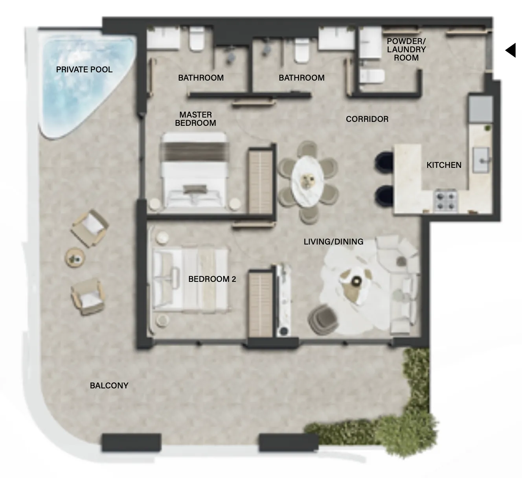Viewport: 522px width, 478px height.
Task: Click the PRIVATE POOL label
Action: tap(84, 70)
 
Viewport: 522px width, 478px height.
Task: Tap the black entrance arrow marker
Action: tap(511, 50)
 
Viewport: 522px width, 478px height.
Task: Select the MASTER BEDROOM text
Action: tap(195, 119)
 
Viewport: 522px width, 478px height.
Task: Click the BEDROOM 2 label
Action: tap(212, 279)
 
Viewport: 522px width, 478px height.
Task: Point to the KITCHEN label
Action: tap(444, 165)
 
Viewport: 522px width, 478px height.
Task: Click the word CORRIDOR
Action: tap(367, 119)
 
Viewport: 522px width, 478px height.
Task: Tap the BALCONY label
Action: tap(109, 386)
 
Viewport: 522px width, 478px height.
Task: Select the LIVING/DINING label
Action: tap(334, 242)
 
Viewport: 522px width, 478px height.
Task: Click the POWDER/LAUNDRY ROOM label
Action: tap(406, 49)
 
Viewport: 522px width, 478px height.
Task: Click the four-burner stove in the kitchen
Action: tap(445, 200)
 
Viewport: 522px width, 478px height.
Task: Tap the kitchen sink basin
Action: tap(481, 160)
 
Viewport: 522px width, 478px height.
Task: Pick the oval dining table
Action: tap(308, 181)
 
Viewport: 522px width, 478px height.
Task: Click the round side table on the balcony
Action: tap(75, 258)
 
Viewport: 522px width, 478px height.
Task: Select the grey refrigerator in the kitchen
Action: tap(481, 109)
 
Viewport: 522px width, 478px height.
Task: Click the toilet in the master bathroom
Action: tap(197, 39)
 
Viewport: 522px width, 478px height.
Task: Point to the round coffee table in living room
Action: tap(355, 281)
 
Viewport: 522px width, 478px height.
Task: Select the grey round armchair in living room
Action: tap(323, 320)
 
